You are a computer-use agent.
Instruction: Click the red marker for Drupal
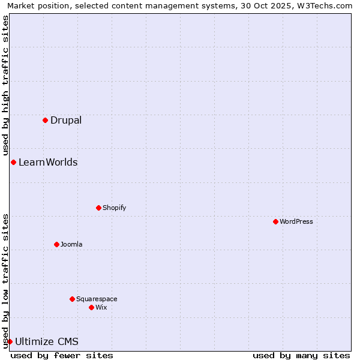click(45, 120)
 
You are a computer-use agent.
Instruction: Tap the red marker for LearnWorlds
click(13, 162)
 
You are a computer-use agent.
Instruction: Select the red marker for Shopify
click(98, 208)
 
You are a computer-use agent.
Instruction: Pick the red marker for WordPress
click(275, 221)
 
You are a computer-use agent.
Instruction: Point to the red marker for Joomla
click(56, 244)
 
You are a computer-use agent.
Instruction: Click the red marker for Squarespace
click(72, 299)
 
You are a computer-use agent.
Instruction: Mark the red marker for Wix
click(91, 307)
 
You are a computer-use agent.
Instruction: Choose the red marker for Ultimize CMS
click(10, 341)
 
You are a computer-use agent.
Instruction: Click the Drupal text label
click(66, 120)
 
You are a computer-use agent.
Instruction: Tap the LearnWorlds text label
click(48, 162)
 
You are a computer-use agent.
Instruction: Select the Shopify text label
click(114, 208)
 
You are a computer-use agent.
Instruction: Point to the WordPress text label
click(296, 221)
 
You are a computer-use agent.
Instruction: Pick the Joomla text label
click(71, 244)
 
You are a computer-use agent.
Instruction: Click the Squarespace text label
click(97, 299)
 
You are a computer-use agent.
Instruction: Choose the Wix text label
click(101, 307)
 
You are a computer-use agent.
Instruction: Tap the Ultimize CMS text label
click(47, 341)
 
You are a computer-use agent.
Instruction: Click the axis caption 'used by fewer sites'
click(62, 355)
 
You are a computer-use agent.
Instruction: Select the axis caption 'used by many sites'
click(301, 355)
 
